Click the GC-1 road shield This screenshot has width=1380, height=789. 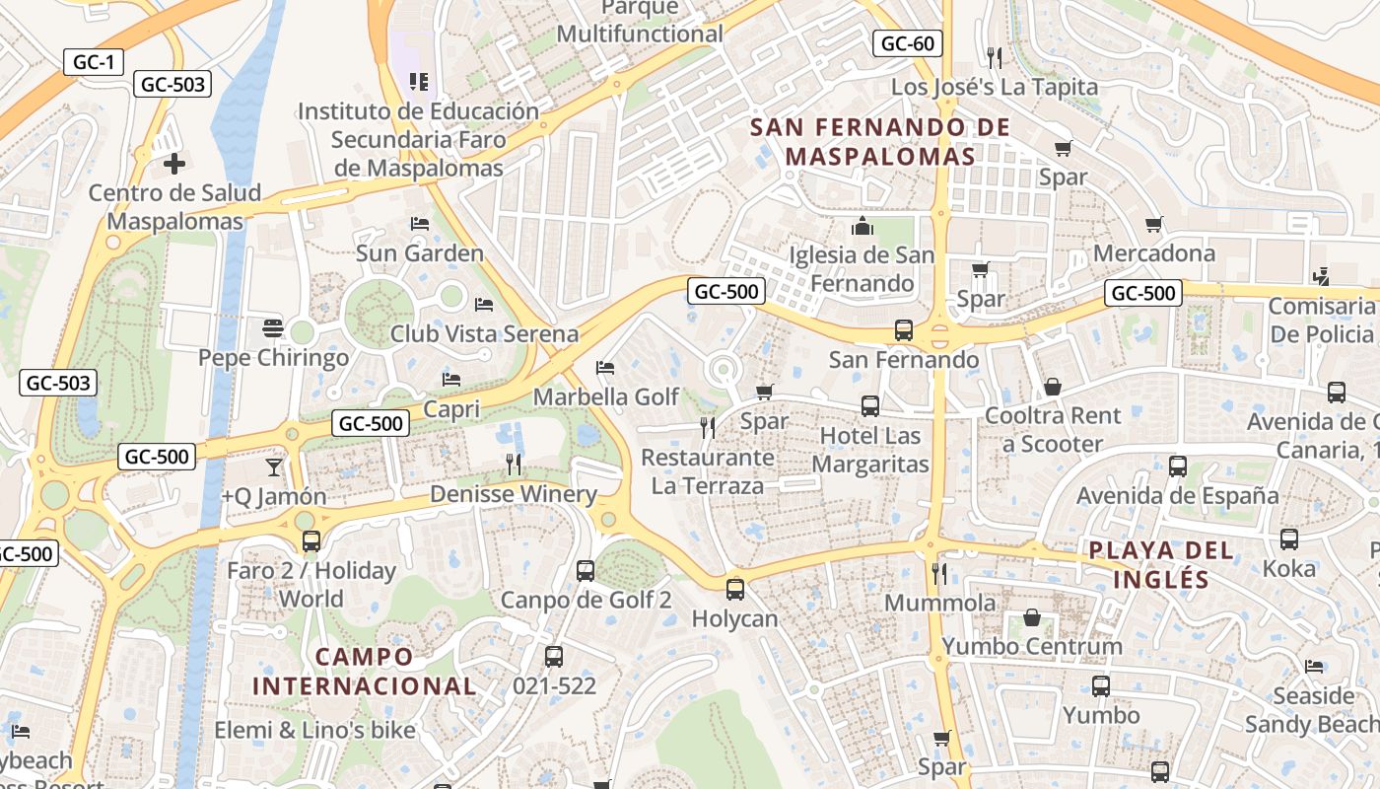tap(95, 62)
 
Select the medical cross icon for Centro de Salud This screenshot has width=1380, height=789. tap(174, 163)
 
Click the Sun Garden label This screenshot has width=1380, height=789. tap(420, 253)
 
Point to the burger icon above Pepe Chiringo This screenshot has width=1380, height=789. tap(273, 328)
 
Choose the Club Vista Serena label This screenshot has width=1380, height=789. tap(484, 333)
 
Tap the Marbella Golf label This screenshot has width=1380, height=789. tap(606, 396)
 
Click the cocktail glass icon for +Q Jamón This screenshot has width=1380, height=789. tap(273, 466)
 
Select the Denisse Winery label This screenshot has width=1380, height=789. tap(514, 494)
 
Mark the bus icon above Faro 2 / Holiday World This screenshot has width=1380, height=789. tap(311, 541)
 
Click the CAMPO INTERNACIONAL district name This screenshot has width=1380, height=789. tap(365, 671)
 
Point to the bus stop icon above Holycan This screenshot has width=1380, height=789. tap(734, 590)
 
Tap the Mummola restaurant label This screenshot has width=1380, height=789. tap(940, 602)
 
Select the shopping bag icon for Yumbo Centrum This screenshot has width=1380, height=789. tap(1032, 617)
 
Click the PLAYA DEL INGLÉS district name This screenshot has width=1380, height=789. tap(1161, 564)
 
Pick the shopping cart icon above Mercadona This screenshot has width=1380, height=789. tap(1154, 224)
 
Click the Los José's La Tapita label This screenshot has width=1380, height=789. tap(994, 87)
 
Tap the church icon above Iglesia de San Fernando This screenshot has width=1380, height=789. tap(862, 227)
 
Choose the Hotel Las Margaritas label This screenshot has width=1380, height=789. tap(870, 450)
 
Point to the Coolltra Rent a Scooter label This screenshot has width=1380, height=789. tap(1053, 429)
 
